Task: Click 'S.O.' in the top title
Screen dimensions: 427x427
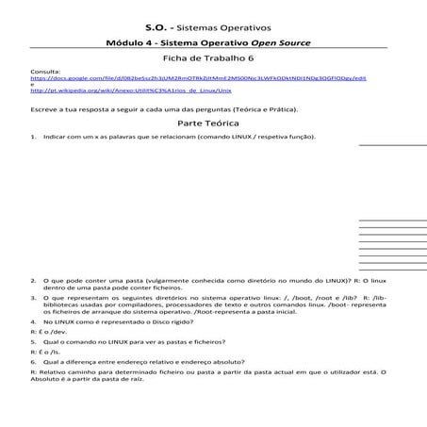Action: tap(158, 28)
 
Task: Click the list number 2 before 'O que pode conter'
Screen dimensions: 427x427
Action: tap(34, 280)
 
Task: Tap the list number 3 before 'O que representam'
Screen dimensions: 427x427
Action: tap(34, 297)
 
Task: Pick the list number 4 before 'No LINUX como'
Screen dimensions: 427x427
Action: tap(34, 322)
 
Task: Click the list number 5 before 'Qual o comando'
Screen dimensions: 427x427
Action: tap(34, 341)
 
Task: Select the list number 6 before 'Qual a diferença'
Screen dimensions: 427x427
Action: tap(34, 361)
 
